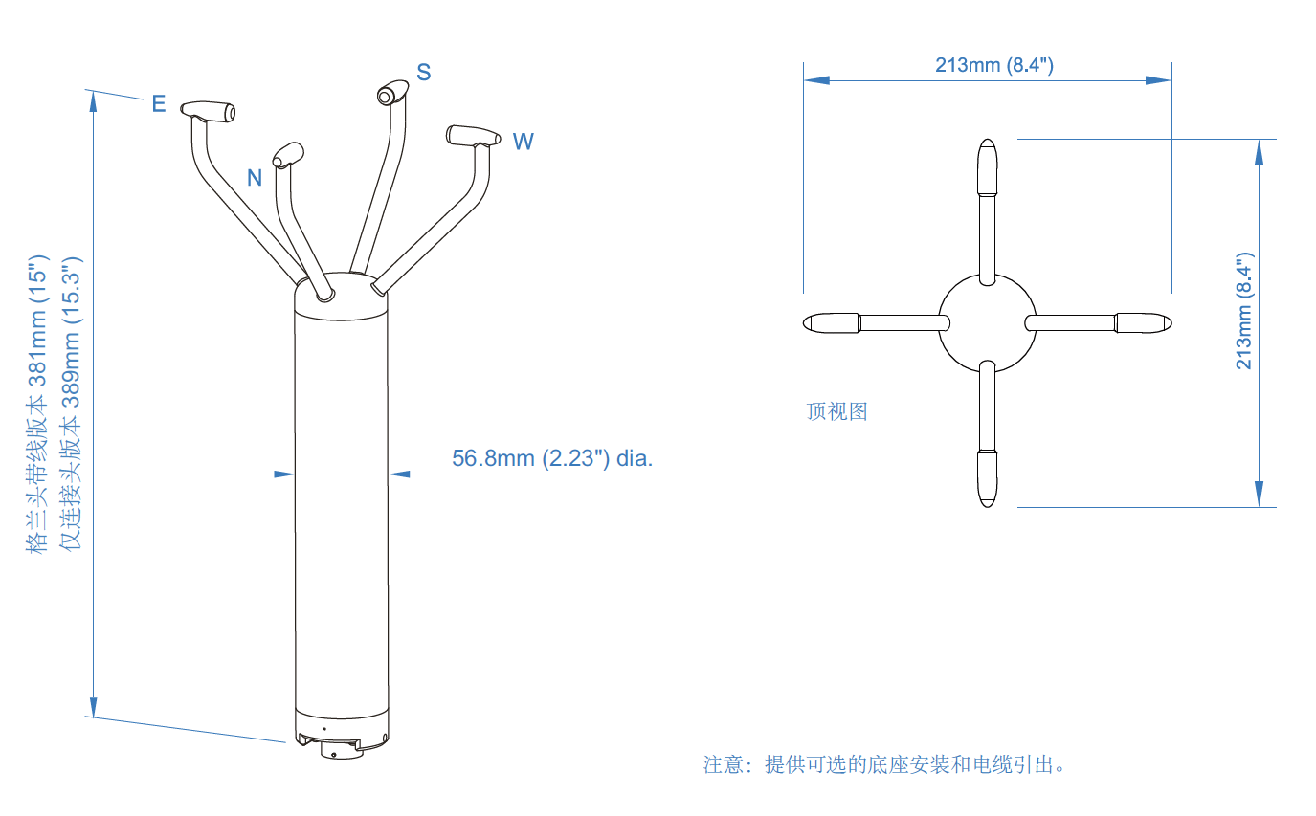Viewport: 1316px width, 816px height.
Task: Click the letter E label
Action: point(159,103)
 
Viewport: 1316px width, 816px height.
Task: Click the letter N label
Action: point(255,177)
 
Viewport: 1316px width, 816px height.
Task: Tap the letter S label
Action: point(423,72)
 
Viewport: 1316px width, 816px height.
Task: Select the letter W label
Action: point(523,142)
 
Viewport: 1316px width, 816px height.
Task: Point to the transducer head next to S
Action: point(391,94)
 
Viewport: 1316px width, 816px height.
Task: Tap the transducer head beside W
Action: point(473,136)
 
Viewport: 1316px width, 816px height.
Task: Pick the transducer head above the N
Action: point(287,153)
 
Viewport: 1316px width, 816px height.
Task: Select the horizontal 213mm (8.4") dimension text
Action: point(994,65)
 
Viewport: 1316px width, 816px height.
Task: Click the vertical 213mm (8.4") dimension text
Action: point(1243,312)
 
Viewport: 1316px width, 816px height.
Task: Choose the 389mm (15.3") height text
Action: point(72,403)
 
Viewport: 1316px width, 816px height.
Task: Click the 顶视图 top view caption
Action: point(836,411)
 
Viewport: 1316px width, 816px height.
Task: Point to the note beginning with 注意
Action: point(884,764)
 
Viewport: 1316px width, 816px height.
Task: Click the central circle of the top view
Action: point(987,323)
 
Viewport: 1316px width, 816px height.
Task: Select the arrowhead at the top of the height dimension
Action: point(93,101)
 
